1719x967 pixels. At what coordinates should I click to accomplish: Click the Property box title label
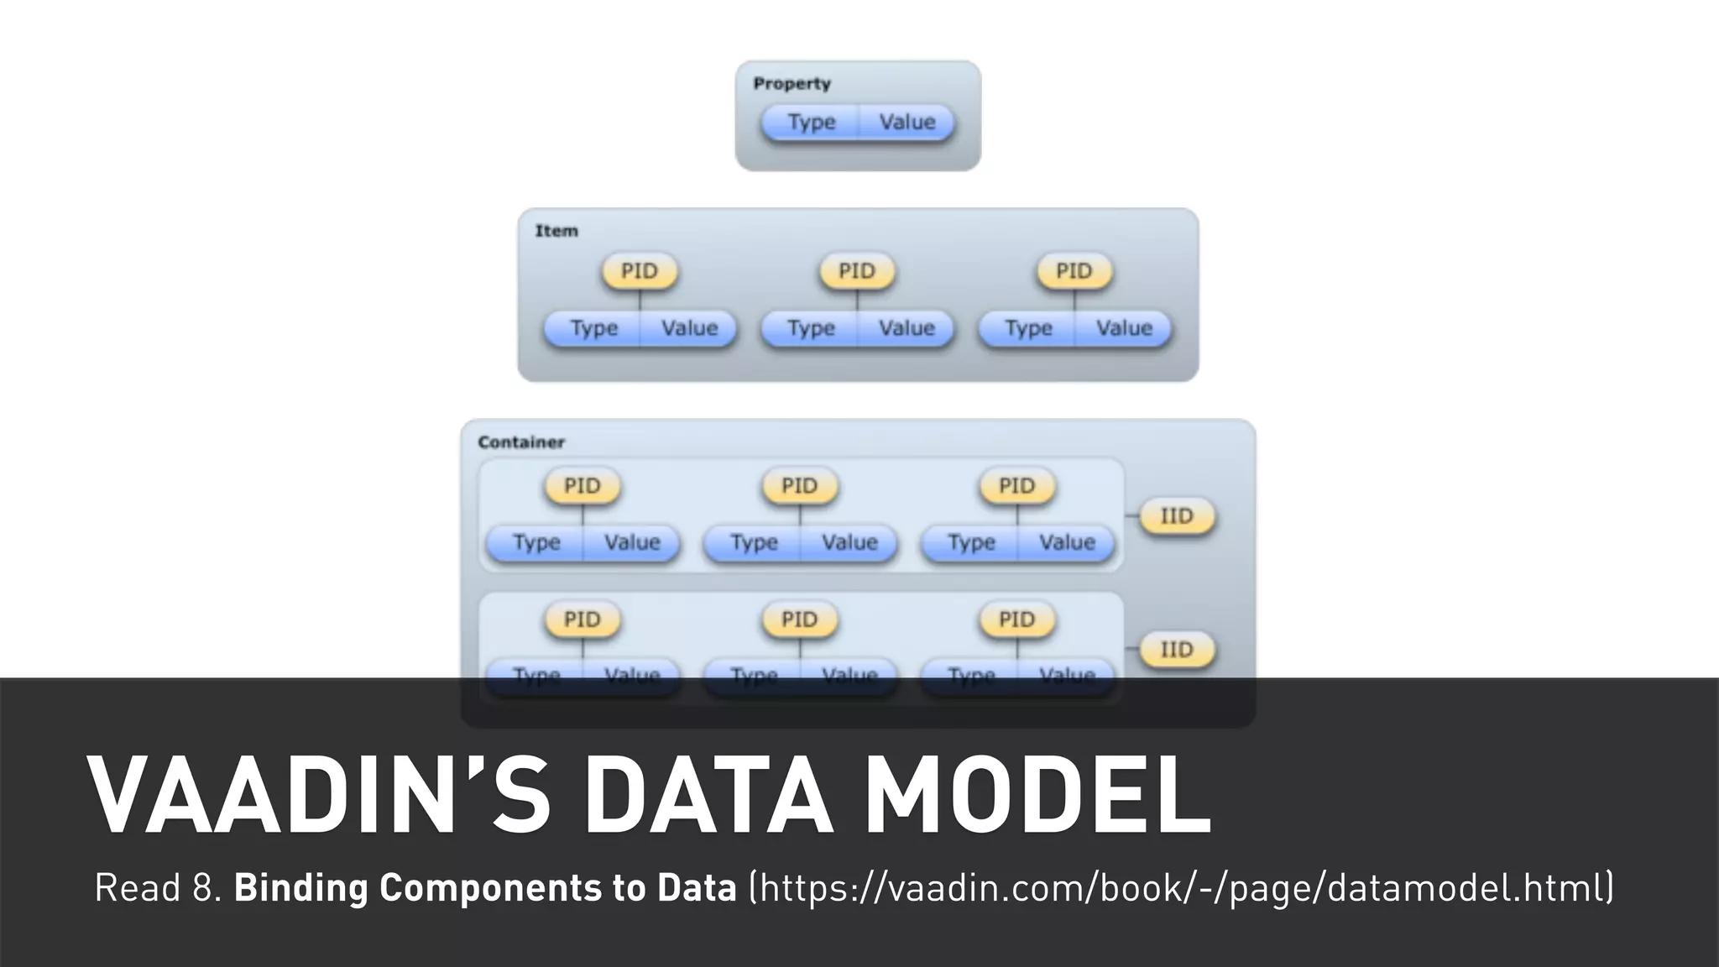point(792,84)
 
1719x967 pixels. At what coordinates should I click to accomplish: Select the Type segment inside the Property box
point(811,123)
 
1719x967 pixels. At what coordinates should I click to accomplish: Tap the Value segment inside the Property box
point(907,123)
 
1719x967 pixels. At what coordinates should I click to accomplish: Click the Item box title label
point(556,231)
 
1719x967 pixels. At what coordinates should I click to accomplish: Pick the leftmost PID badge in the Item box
point(640,271)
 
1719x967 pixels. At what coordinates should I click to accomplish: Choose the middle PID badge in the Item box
point(857,271)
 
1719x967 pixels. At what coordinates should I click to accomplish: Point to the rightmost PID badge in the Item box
point(1074,271)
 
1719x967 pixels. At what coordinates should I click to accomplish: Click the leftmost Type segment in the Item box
point(593,328)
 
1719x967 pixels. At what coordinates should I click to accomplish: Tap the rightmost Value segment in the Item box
point(1124,328)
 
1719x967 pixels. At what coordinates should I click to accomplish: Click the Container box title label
point(521,442)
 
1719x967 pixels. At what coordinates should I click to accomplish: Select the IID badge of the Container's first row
point(1177,516)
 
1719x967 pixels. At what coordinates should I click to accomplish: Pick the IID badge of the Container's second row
point(1177,650)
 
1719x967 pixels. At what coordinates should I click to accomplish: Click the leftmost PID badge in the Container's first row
point(583,486)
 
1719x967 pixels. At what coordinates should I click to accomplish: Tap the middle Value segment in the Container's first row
point(849,542)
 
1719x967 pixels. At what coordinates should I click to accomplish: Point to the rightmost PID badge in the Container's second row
point(1017,619)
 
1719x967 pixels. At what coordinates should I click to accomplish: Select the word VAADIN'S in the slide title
point(319,796)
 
